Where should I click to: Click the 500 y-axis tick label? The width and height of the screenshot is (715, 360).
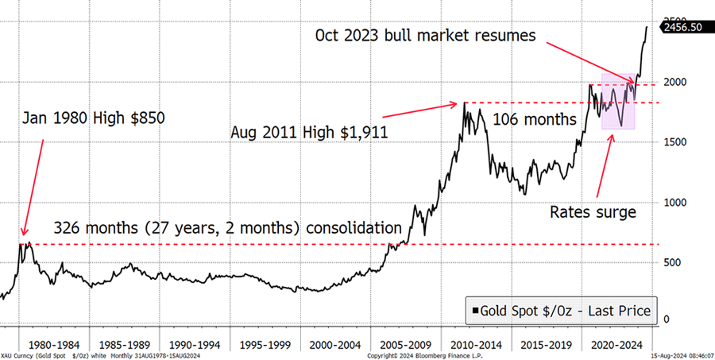tap(673, 262)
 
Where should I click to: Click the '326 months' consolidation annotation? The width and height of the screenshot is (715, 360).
tap(227, 227)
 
